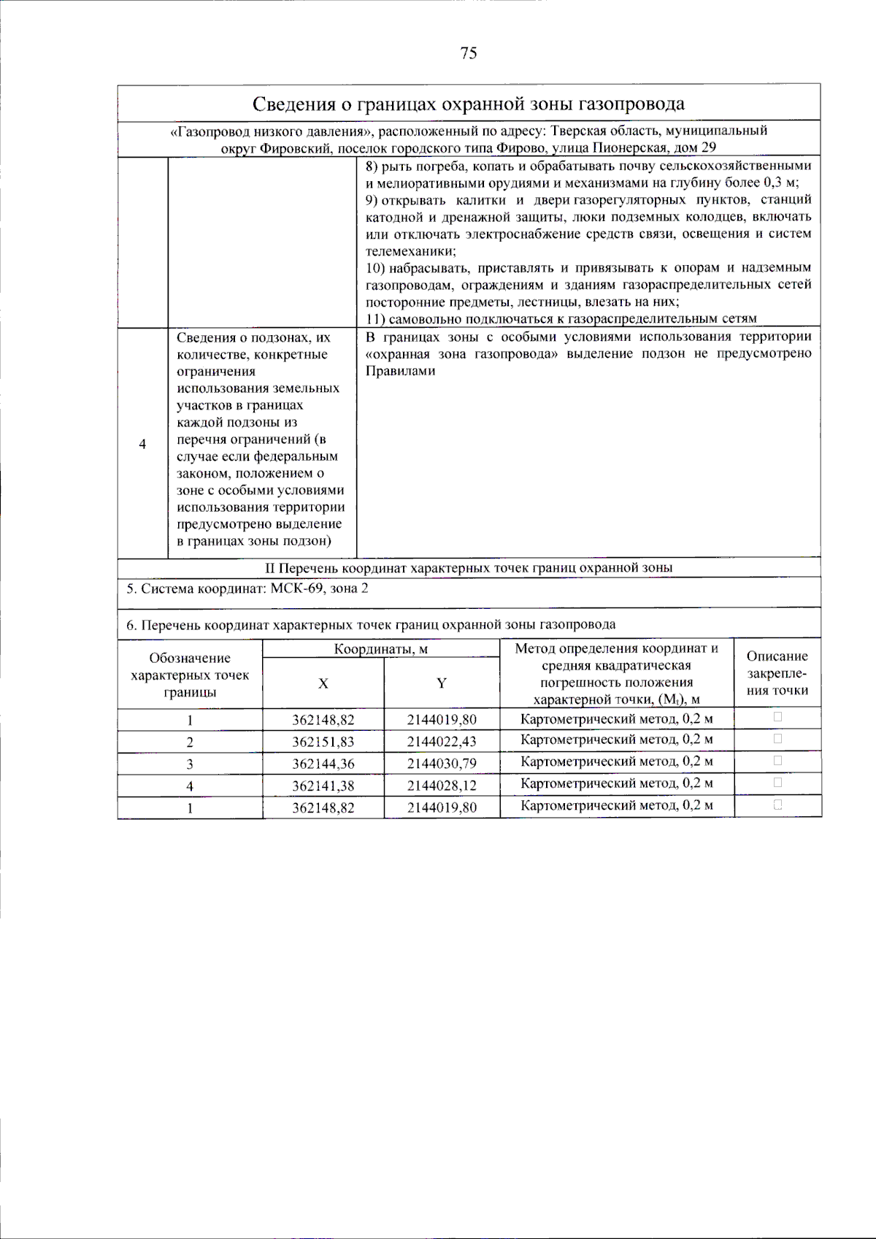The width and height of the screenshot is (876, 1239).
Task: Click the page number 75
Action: point(469,53)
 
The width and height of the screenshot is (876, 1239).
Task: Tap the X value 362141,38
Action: point(323,786)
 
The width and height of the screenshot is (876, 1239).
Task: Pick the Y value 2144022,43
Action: point(442,742)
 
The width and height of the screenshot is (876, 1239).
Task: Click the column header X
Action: point(323,683)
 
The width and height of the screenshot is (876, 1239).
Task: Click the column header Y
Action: point(442,683)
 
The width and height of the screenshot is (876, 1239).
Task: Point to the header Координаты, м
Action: point(380,649)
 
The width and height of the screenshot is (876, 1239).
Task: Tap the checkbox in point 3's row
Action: point(777,761)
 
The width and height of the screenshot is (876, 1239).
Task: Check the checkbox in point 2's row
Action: point(777,739)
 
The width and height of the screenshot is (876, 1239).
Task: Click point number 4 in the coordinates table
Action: point(190,786)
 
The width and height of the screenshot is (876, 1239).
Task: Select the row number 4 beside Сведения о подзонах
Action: point(142,444)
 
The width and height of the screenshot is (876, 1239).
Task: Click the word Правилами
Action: point(400,371)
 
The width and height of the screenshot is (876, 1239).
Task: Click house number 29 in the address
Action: point(708,147)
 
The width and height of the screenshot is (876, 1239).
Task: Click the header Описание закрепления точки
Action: point(777,673)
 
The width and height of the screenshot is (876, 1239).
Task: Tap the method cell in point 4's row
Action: point(617,783)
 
